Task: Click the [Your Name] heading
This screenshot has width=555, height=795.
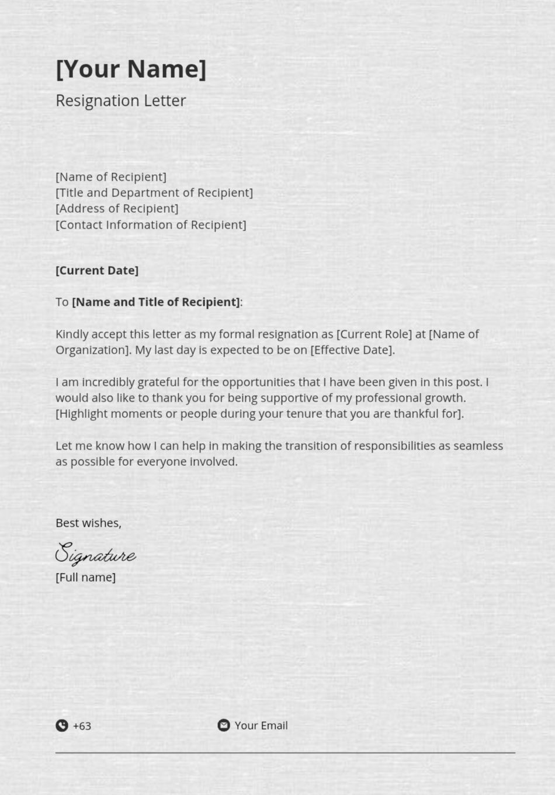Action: (131, 69)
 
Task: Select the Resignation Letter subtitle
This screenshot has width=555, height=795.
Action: (120, 101)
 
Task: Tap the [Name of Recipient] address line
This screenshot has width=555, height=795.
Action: (111, 177)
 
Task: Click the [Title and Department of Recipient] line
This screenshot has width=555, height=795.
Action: (154, 192)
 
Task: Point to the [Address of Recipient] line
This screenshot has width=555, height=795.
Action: (117, 208)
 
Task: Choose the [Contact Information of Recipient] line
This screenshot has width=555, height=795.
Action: (151, 224)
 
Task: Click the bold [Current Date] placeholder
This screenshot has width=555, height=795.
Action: (97, 270)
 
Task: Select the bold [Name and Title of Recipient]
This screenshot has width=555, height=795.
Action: (155, 302)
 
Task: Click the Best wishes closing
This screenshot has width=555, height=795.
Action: (88, 523)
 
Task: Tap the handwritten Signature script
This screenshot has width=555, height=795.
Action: (96, 553)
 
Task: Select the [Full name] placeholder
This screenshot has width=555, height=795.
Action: (85, 577)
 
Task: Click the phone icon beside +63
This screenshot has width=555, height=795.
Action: (62, 725)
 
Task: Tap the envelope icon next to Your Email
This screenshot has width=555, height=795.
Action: (224, 725)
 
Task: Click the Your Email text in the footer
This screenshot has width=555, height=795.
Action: (261, 725)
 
